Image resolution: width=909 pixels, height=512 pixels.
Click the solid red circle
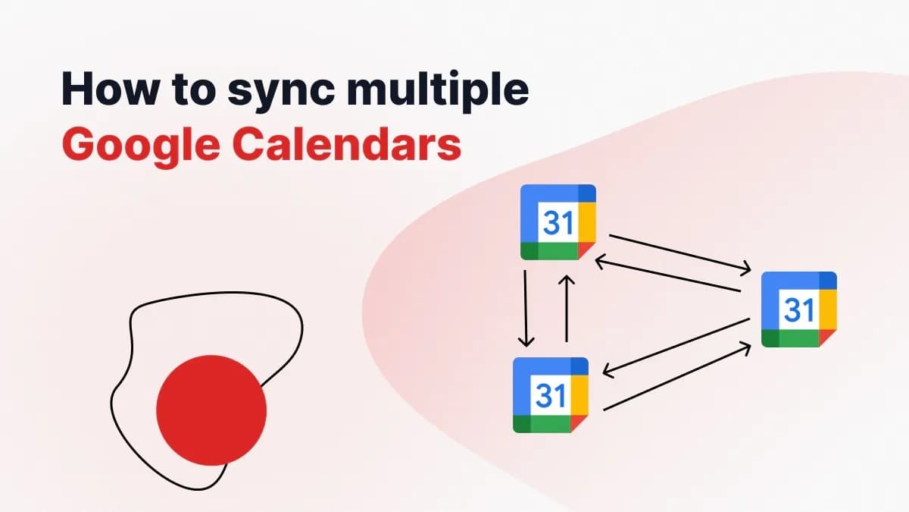(211, 410)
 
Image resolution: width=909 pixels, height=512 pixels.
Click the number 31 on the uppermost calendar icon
(558, 223)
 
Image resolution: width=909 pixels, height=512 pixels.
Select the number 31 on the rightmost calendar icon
(798, 309)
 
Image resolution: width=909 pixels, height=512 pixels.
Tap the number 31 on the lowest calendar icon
(550, 395)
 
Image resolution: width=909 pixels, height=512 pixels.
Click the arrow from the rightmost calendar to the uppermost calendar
(667, 275)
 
